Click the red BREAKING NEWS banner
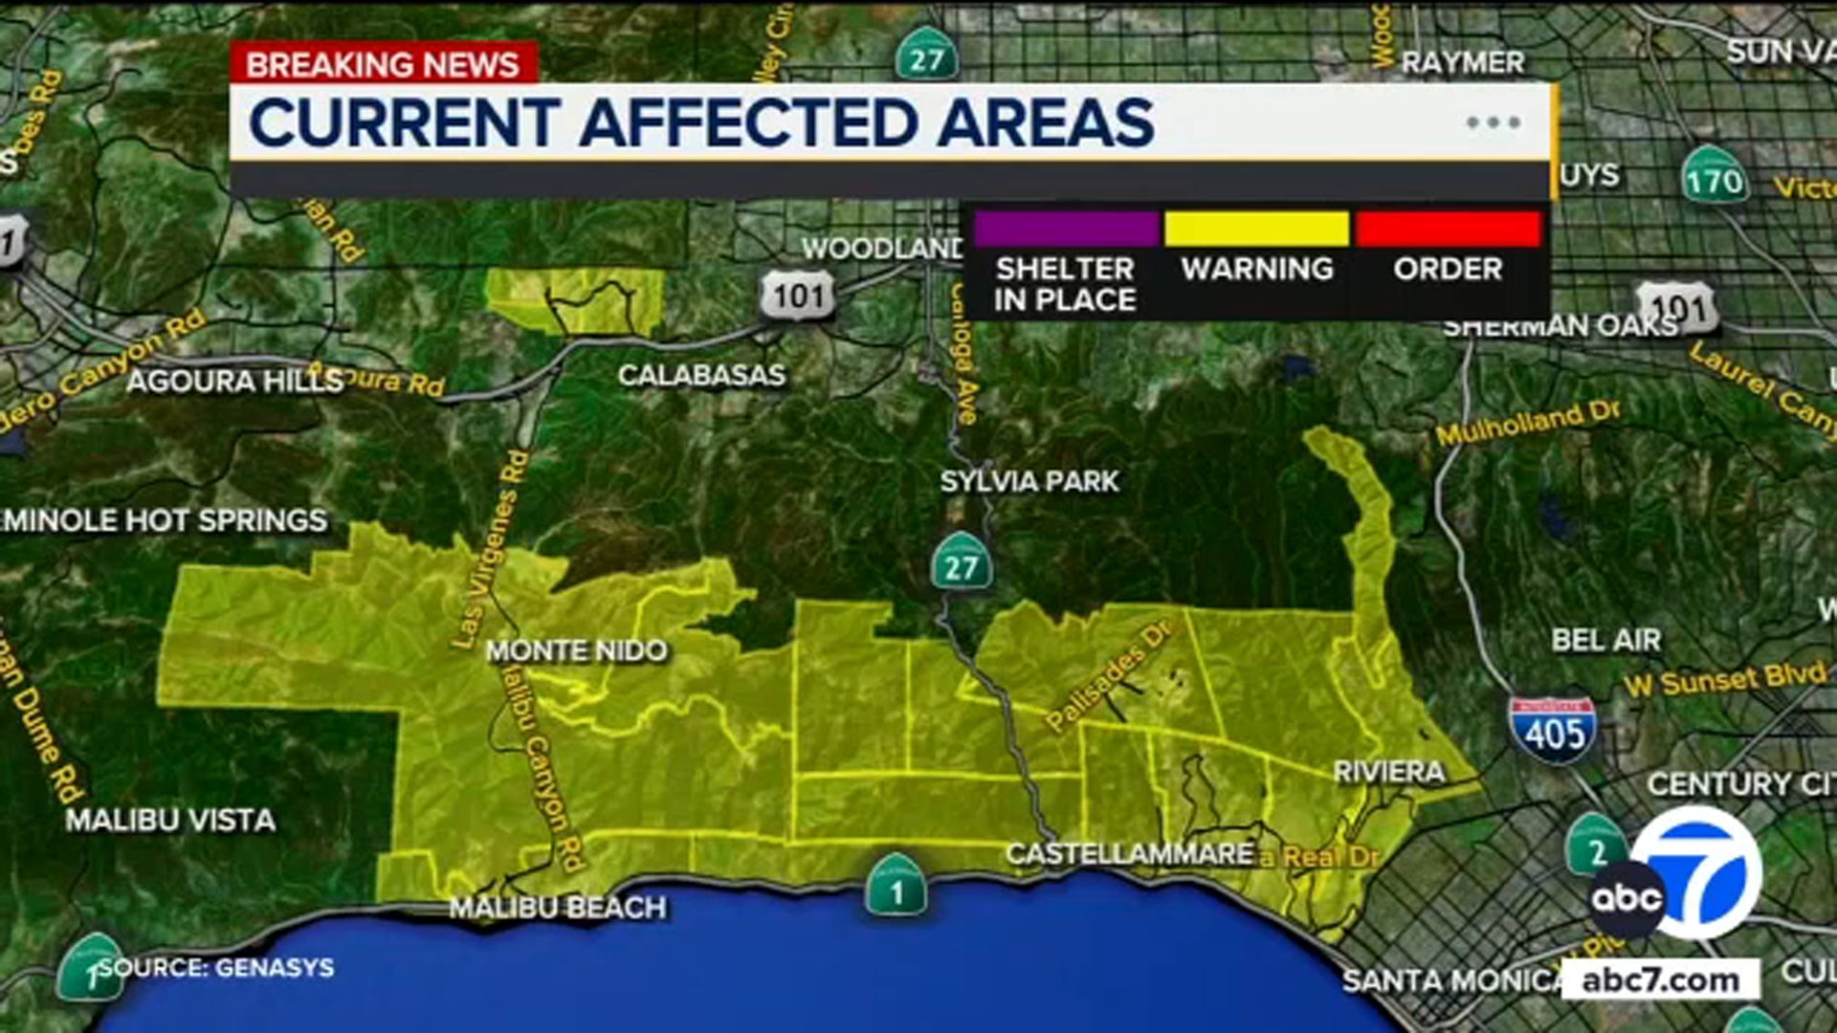[383, 64]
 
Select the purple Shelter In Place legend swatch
[1066, 230]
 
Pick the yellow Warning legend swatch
[1256, 230]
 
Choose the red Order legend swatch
[1448, 230]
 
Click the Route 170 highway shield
[1714, 178]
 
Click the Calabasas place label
[701, 375]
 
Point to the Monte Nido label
[576, 651]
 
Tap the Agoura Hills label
[234, 382]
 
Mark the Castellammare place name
[1129, 854]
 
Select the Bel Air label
[1606, 640]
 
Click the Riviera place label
[1388, 772]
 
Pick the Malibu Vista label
[170, 820]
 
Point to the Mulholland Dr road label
[1527, 422]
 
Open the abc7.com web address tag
[1660, 980]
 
